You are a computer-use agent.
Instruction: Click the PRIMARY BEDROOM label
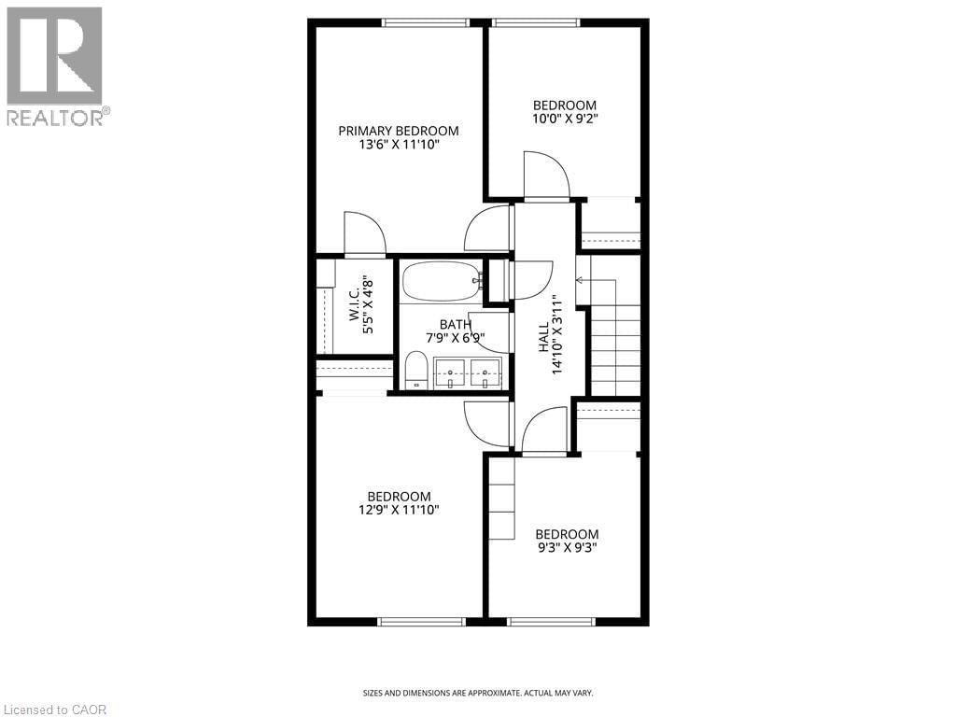pos(399,131)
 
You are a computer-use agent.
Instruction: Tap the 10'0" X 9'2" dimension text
pos(564,119)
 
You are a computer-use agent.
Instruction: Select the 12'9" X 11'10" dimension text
pos(399,510)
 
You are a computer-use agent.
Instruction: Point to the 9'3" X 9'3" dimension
pos(566,548)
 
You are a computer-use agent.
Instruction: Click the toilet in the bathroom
pos(416,371)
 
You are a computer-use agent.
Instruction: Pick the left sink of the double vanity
pos(450,372)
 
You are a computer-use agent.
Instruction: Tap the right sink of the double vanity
pos(485,372)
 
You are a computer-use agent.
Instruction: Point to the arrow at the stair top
pos(582,279)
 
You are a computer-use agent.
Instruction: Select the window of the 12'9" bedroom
pos(422,621)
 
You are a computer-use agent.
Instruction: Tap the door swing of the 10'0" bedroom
pos(546,176)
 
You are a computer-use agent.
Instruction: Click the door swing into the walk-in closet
pos(364,233)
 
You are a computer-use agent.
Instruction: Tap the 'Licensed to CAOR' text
pos(55,710)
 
